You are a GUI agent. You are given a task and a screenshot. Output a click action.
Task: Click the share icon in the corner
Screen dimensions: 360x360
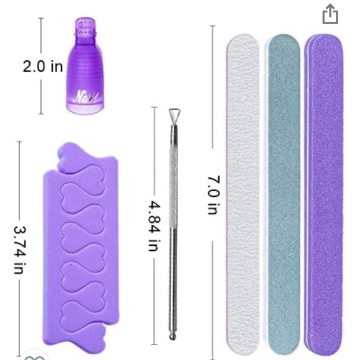click(x=330, y=14)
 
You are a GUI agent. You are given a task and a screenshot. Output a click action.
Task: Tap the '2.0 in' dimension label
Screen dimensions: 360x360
click(x=43, y=66)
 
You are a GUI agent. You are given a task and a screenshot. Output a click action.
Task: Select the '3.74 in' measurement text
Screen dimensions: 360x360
click(x=20, y=250)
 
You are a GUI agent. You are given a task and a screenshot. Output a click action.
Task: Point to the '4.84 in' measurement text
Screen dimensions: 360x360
click(x=153, y=226)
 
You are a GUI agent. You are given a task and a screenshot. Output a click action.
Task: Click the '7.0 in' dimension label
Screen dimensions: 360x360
click(x=214, y=195)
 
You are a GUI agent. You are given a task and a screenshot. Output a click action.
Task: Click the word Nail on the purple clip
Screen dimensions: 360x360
click(x=86, y=97)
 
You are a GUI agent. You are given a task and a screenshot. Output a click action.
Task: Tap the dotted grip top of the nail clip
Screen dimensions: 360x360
click(x=84, y=28)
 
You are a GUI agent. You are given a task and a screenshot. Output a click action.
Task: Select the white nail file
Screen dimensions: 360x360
click(x=243, y=194)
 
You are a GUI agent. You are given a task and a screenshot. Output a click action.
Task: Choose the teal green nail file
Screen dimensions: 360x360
click(x=284, y=194)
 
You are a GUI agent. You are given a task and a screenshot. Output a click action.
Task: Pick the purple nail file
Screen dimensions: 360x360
click(x=324, y=195)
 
